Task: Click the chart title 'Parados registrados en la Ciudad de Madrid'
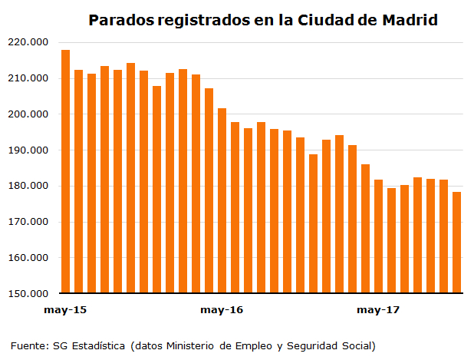[263, 20]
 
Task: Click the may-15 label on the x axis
[65, 310]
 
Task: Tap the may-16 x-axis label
[222, 310]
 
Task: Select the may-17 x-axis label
[379, 310]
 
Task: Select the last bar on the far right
[457, 242]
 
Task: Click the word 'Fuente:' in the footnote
[29, 345]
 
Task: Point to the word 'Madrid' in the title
[410, 20]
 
